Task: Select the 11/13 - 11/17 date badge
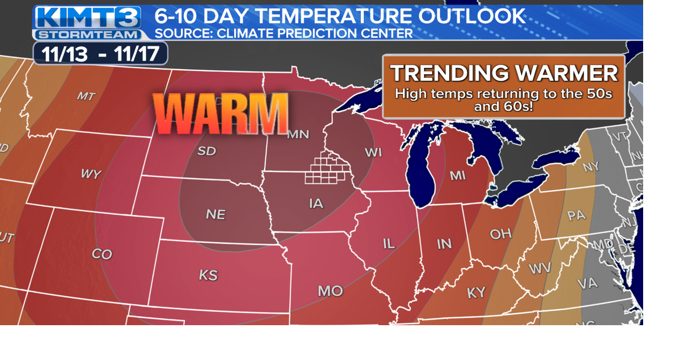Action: (100, 54)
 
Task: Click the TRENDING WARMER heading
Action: (504, 73)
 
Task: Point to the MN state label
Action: (298, 134)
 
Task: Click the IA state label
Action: (316, 204)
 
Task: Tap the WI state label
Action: (373, 153)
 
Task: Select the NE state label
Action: (215, 214)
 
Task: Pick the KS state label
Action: (208, 275)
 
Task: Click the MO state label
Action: (330, 291)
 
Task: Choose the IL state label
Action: (389, 244)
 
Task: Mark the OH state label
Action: (500, 234)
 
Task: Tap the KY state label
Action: (476, 292)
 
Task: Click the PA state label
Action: (576, 216)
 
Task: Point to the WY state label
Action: (91, 174)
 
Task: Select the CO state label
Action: (102, 254)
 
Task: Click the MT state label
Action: (86, 96)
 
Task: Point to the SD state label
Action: (206, 151)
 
